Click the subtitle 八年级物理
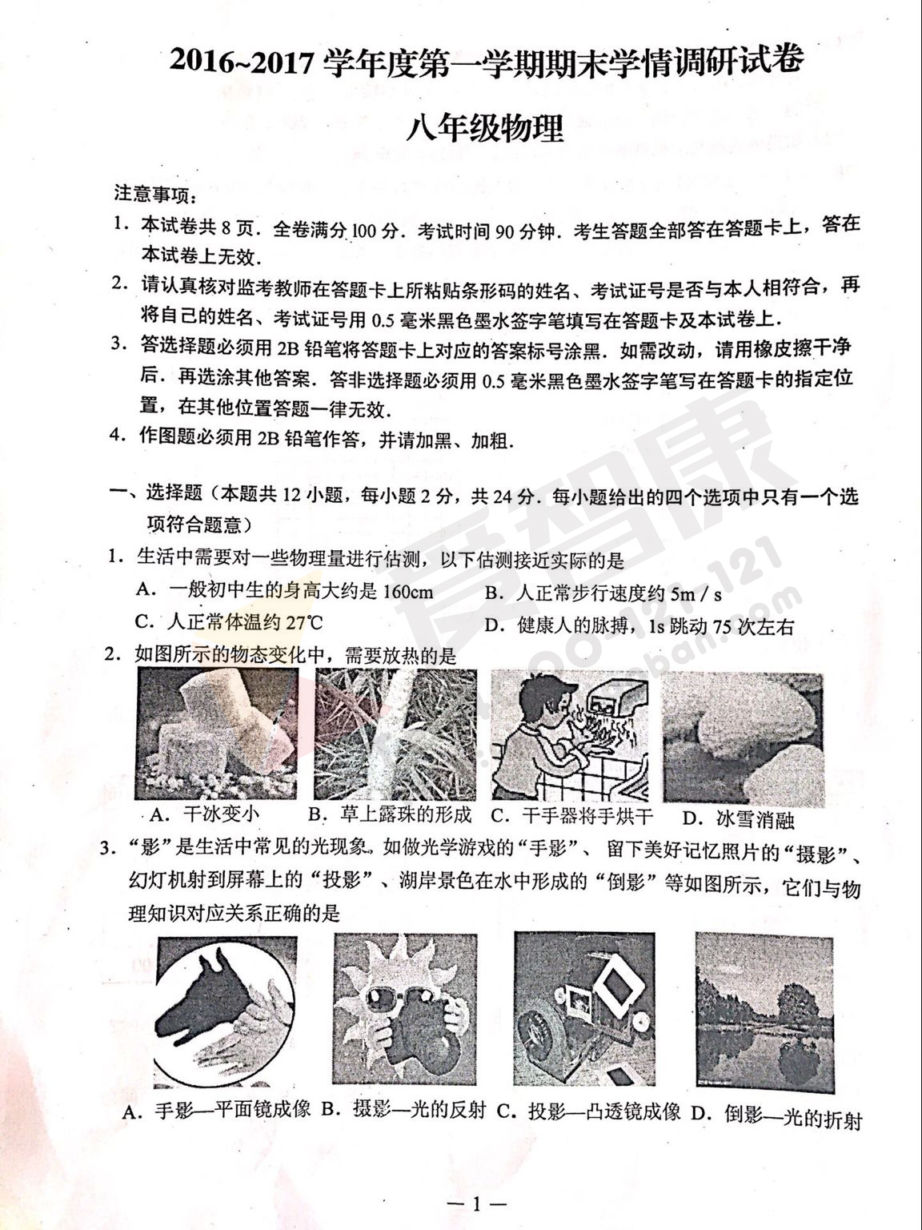point(485,130)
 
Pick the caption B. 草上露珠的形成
point(391,814)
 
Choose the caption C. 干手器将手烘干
point(571,815)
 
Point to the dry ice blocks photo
point(217,734)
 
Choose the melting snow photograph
point(744,738)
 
